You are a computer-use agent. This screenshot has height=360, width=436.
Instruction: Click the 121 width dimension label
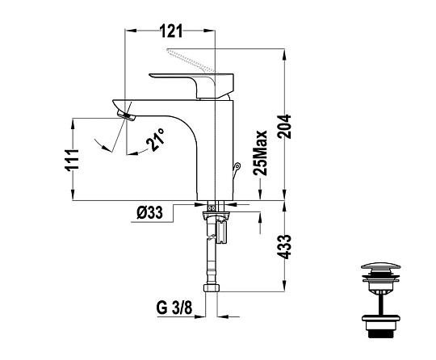click(x=171, y=31)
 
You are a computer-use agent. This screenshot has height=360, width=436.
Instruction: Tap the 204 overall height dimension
click(x=284, y=127)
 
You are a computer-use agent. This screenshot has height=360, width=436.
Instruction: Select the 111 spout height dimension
click(x=72, y=160)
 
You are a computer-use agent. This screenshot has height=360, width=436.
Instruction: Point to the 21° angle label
click(x=155, y=140)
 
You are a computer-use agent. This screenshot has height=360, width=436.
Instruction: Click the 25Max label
click(x=260, y=153)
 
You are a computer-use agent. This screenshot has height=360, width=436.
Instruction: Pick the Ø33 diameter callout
click(x=149, y=213)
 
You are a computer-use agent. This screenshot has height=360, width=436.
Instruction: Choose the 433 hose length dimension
click(x=284, y=247)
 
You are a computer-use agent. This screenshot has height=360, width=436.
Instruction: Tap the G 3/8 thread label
click(x=174, y=308)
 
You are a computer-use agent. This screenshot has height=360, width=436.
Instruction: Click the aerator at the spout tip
click(x=127, y=116)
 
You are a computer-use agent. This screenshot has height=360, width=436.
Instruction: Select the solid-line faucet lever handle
click(x=192, y=85)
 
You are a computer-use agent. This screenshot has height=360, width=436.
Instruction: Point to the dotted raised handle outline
click(x=192, y=61)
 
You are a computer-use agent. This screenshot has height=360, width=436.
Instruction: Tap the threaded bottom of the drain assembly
click(x=380, y=333)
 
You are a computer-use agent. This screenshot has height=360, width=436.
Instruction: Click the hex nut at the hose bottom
click(x=212, y=287)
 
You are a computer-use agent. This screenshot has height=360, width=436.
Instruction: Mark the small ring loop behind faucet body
click(x=237, y=166)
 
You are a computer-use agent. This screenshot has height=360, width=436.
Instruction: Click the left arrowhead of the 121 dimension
click(x=131, y=31)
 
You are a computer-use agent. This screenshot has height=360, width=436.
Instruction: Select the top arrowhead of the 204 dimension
click(x=284, y=54)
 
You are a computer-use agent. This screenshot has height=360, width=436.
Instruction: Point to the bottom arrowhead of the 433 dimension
click(x=284, y=287)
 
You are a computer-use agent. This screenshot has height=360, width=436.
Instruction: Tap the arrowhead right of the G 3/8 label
click(x=223, y=316)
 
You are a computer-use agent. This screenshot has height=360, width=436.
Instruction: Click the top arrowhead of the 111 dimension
click(x=73, y=124)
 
